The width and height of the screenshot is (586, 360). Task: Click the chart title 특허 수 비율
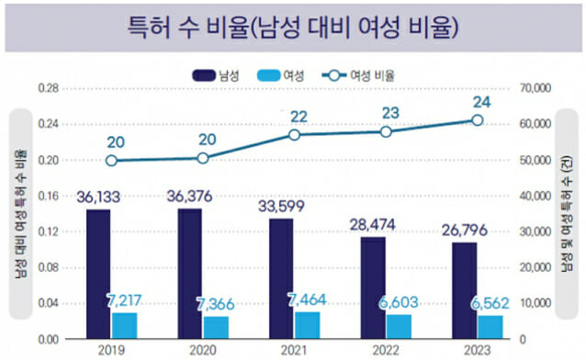pyautogui.click(x=293, y=26)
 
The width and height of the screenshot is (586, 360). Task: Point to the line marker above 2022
pyautogui.click(x=386, y=131)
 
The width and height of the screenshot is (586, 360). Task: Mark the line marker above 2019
pyautogui.click(x=111, y=160)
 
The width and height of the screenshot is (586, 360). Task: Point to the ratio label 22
pyautogui.click(x=298, y=116)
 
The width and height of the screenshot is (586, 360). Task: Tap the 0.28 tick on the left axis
pyautogui.click(x=48, y=88)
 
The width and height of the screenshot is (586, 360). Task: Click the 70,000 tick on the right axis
pyautogui.click(x=535, y=88)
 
